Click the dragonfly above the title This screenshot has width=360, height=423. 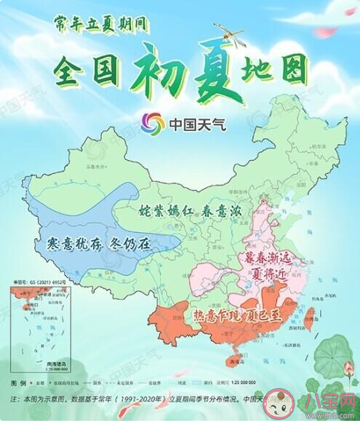[x=228, y=33]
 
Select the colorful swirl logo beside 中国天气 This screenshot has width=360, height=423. [x=153, y=122]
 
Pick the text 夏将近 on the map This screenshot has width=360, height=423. [x=271, y=276]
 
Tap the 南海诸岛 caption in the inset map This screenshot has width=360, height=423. [x=30, y=367]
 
